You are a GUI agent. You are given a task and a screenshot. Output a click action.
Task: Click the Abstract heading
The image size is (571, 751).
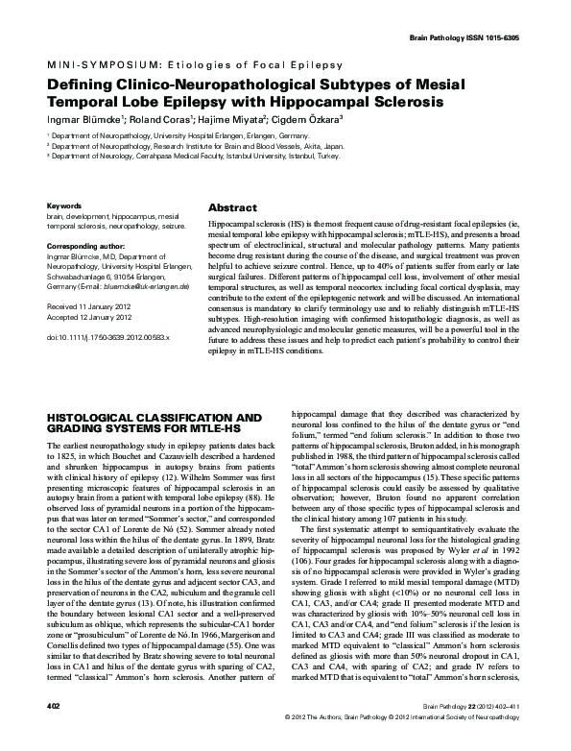pos(232,207)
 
